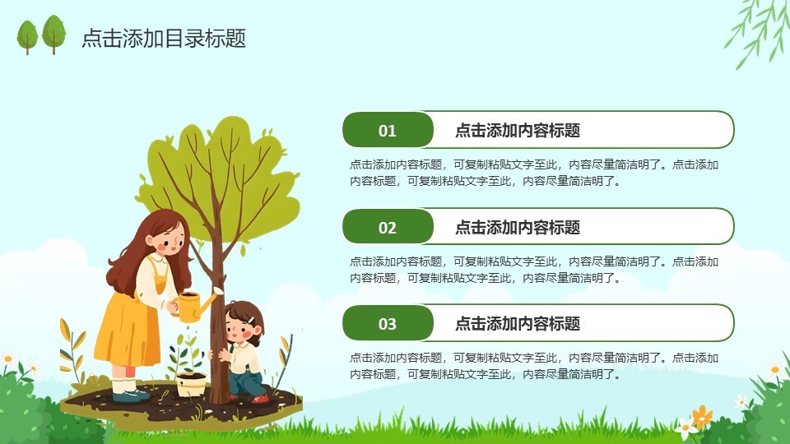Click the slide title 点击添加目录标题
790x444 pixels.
click(x=164, y=39)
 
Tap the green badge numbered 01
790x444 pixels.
click(x=388, y=130)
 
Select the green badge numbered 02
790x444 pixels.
click(x=388, y=227)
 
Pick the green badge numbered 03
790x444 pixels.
click(x=388, y=323)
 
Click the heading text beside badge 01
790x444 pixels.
click(x=518, y=131)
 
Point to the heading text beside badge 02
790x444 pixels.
click(x=518, y=228)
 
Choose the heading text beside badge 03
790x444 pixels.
click(x=518, y=324)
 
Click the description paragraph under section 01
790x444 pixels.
click(x=534, y=173)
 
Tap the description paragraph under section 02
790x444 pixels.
click(x=534, y=270)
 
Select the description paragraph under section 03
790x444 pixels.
click(x=534, y=366)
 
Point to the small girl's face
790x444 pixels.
click(x=239, y=330)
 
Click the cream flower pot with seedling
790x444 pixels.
click(x=192, y=385)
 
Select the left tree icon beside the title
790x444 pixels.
click(x=27, y=36)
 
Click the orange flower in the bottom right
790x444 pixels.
click(x=701, y=416)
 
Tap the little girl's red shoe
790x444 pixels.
click(x=261, y=399)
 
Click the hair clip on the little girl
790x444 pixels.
click(x=250, y=319)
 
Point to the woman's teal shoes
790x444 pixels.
click(x=131, y=396)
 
